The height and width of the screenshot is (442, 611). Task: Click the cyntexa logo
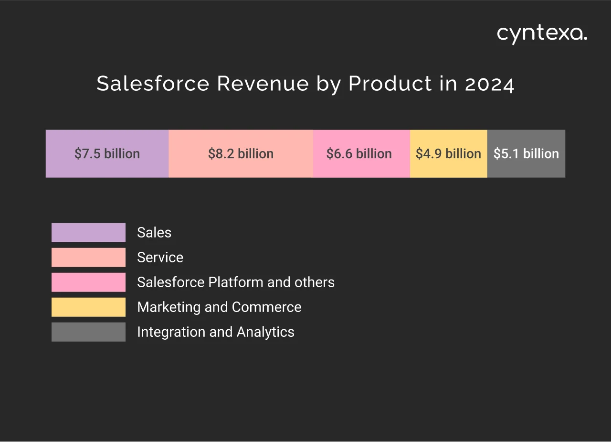click(542, 34)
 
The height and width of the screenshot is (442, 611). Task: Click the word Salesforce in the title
click(153, 84)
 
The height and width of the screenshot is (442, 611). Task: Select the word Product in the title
click(390, 84)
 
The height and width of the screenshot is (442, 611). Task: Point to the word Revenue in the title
click(263, 84)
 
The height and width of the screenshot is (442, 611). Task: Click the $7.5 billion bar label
click(107, 154)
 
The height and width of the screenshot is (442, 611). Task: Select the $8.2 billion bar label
click(241, 154)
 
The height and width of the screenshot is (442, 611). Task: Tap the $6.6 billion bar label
click(359, 154)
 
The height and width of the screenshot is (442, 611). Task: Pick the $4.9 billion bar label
click(448, 154)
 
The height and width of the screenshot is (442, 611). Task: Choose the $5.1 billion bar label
click(526, 154)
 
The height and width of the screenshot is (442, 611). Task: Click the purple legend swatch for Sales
click(88, 233)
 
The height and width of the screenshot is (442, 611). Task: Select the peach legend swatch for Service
click(88, 258)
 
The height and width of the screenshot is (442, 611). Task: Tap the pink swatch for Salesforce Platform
click(88, 282)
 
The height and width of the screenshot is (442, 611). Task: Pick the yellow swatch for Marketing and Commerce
click(88, 307)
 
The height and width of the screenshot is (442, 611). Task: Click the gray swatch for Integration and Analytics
click(88, 332)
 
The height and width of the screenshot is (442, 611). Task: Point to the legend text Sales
click(154, 233)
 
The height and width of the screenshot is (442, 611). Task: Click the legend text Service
click(160, 258)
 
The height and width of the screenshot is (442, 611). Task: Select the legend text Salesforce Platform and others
click(235, 282)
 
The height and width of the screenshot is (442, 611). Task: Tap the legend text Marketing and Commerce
click(219, 307)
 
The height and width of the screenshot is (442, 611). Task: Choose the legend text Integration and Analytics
click(215, 332)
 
